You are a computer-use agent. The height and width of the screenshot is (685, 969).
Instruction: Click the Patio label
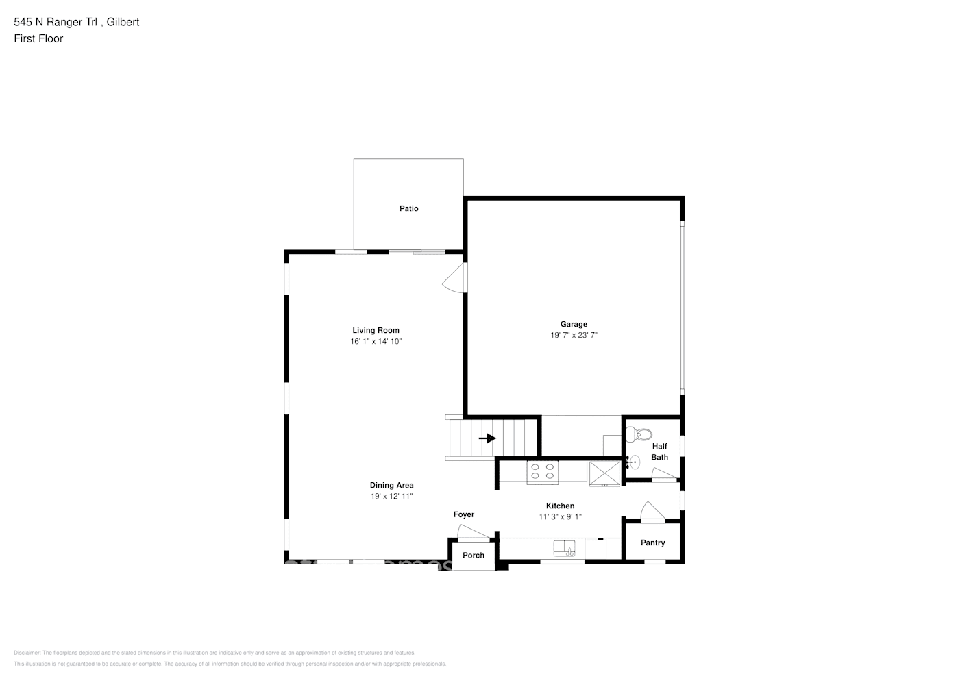[408, 208]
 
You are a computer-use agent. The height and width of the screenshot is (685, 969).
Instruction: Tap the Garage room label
[574, 325]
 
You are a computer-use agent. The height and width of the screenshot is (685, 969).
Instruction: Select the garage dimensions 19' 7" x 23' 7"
[574, 336]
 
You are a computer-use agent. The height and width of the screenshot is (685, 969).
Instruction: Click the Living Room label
[376, 330]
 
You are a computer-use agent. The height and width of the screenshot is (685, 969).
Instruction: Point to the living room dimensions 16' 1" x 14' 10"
[376, 341]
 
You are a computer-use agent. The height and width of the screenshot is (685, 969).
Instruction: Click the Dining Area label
[391, 486]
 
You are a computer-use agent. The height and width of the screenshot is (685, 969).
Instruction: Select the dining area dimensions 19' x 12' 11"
[391, 497]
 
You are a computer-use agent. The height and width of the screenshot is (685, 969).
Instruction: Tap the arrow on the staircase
[487, 438]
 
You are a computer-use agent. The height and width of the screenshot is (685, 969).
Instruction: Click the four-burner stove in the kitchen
[542, 471]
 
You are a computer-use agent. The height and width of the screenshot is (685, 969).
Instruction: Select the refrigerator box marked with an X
[605, 473]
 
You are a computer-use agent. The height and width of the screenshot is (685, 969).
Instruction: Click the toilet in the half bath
[642, 434]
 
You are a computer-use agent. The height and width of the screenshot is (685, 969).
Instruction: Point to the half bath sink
[634, 462]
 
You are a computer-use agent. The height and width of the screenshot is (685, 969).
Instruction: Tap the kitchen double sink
[565, 548]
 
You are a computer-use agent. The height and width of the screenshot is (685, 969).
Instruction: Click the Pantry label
[652, 543]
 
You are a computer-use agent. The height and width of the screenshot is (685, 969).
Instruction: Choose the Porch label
[474, 556]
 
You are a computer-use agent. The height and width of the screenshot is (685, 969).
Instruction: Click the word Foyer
[464, 514]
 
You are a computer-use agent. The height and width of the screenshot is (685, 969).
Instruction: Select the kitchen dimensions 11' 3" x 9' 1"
[560, 517]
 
